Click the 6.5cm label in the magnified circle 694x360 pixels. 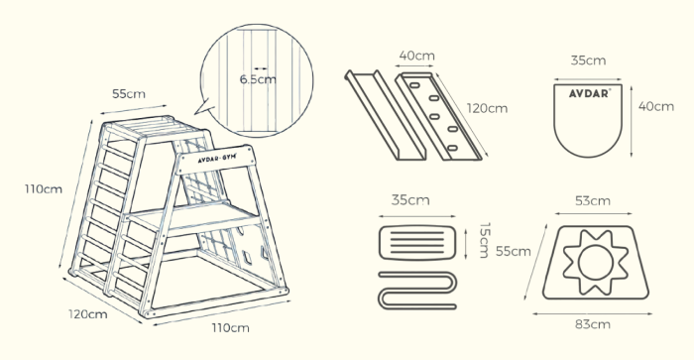257,79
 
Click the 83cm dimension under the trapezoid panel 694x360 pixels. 593,322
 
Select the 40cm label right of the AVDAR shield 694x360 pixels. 649,105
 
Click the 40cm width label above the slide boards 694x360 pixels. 415,58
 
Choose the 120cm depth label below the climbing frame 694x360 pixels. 87,314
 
